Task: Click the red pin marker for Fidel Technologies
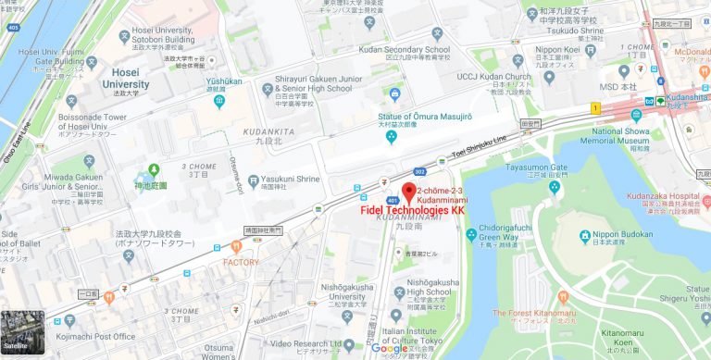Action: coord(407,191)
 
